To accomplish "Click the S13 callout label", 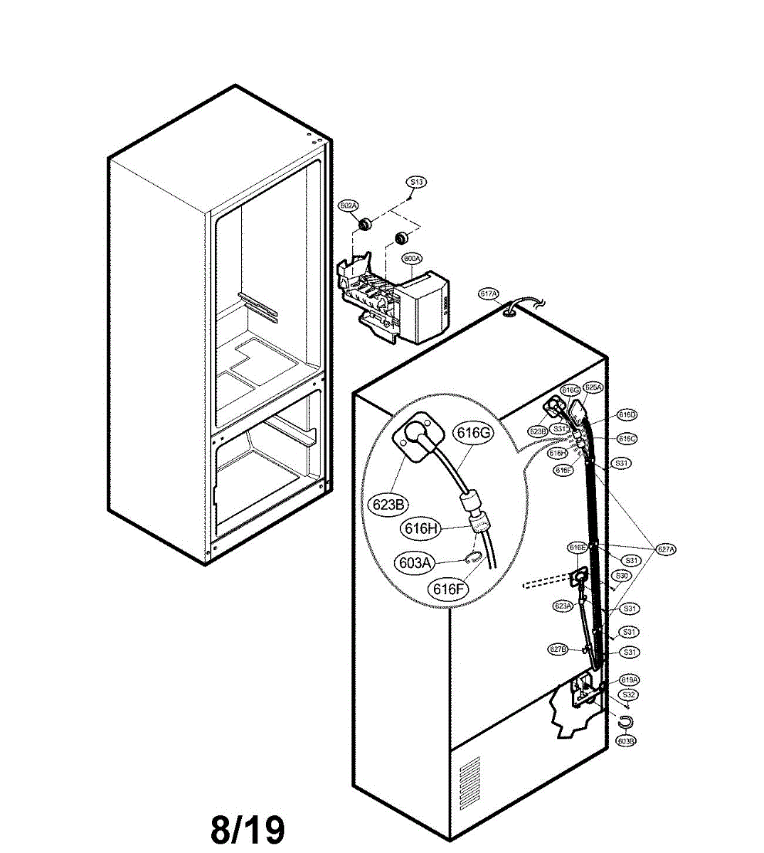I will (x=416, y=183).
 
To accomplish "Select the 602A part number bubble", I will (x=348, y=206).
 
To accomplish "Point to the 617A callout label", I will (x=489, y=294).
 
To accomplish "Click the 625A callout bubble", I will (x=593, y=388).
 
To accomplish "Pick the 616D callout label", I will (x=627, y=415).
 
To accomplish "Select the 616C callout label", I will (x=627, y=439).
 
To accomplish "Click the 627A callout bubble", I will (x=666, y=549).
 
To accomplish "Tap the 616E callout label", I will (x=578, y=547).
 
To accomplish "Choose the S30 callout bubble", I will (x=622, y=575).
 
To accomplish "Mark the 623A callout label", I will (x=563, y=606).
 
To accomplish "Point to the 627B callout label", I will (x=558, y=648).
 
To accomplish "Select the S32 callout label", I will (x=628, y=694).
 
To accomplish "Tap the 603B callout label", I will (x=626, y=741).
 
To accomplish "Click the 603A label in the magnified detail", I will (x=415, y=563).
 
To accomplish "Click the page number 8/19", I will (x=248, y=829).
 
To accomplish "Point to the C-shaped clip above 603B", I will (x=626, y=722).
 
